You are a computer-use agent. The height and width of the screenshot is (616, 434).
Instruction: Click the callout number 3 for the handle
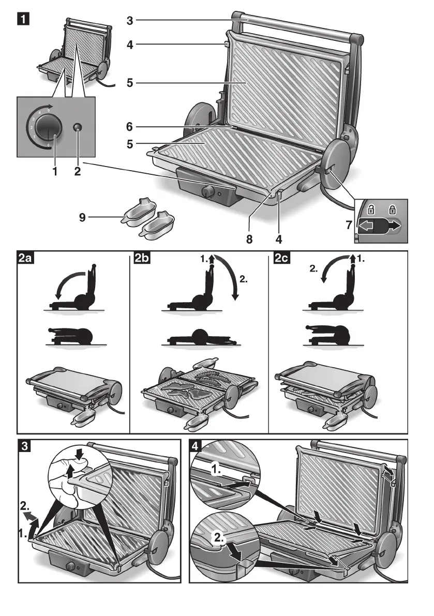pyautogui.click(x=130, y=20)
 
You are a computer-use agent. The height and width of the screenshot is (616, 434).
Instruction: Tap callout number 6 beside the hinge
pyautogui.click(x=130, y=126)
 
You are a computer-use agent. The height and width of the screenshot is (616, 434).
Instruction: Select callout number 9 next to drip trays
pyautogui.click(x=82, y=218)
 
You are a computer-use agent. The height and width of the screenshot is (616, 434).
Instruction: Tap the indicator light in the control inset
pyautogui.click(x=78, y=127)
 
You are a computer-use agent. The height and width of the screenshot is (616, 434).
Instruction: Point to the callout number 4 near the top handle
pyautogui.click(x=130, y=44)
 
